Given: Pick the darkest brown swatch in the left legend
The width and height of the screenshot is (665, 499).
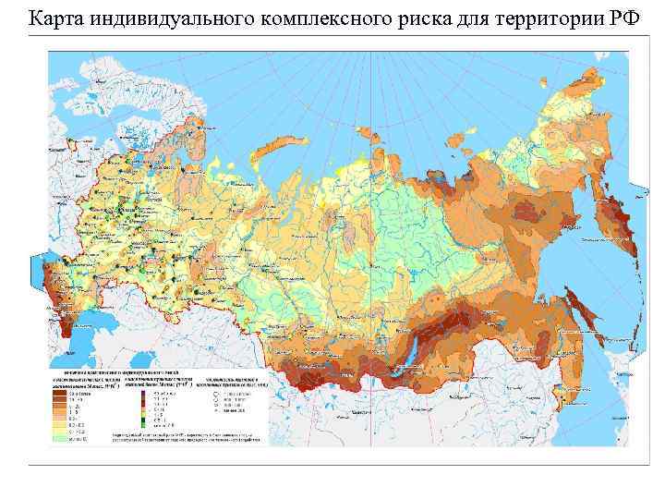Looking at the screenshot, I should tap(59, 392).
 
